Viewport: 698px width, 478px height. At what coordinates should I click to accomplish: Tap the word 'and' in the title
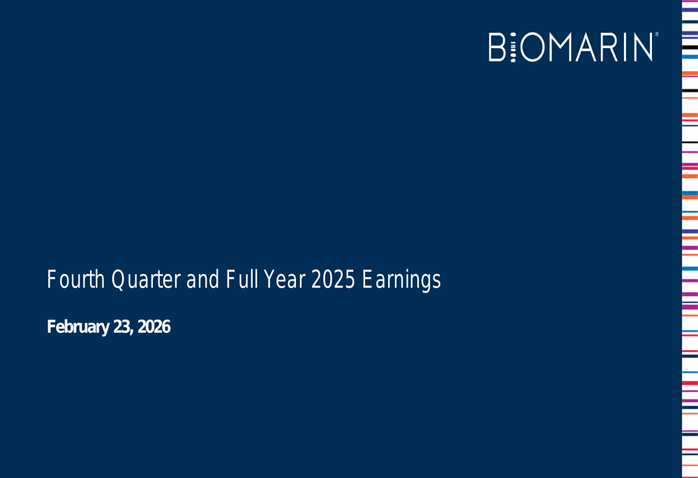click(x=202, y=280)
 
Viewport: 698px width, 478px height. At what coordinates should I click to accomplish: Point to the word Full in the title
click(x=240, y=280)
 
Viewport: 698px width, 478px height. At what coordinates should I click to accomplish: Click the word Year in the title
click(x=283, y=280)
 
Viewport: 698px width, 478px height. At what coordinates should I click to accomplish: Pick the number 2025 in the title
click(x=332, y=280)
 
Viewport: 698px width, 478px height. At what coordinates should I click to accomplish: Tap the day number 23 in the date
click(x=121, y=327)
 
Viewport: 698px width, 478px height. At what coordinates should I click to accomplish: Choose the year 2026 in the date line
click(x=154, y=327)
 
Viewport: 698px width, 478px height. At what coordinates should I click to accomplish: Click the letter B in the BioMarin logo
click(x=497, y=47)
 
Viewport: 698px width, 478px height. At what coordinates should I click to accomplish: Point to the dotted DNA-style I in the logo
click(x=513, y=47)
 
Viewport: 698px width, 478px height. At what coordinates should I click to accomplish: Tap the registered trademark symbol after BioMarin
click(x=656, y=34)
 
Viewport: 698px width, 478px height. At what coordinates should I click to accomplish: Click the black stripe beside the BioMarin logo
click(x=690, y=47)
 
